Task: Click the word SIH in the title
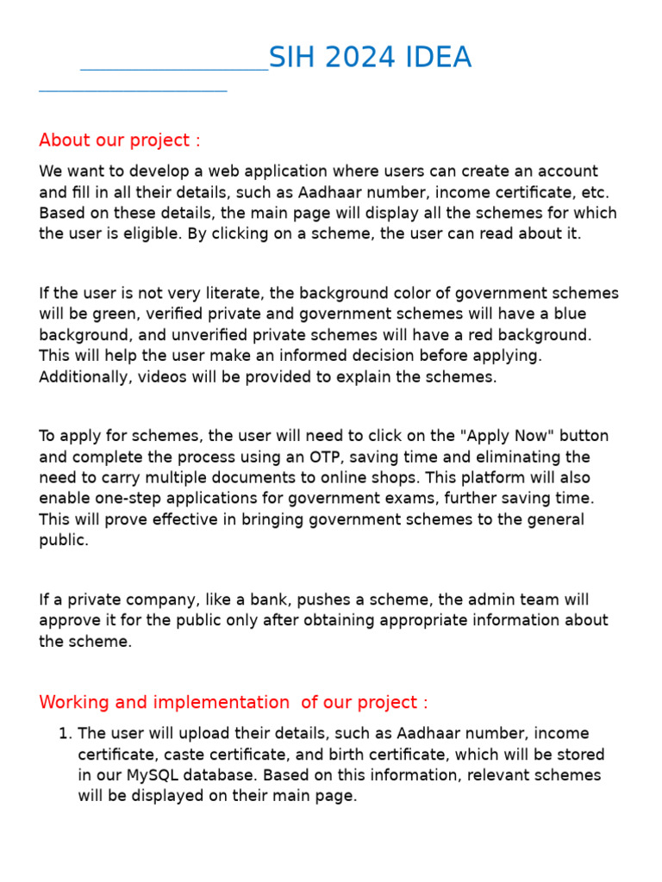pos(290,58)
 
